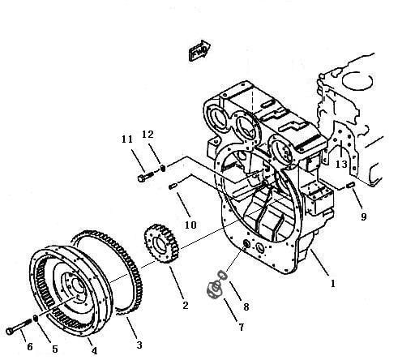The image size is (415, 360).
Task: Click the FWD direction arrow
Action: (x=199, y=50)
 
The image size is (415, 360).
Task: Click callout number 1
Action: (x=333, y=284)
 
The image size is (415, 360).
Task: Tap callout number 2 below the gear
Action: (x=186, y=305)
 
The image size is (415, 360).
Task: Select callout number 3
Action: (x=139, y=345)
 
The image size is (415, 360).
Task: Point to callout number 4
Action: (x=94, y=350)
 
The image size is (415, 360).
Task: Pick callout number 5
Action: (x=55, y=349)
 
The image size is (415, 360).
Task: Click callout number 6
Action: (x=30, y=347)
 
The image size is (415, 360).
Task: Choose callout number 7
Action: (x=242, y=327)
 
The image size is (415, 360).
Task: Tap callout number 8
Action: (x=246, y=306)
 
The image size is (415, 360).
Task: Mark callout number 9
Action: (x=364, y=216)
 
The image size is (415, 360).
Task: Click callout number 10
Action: (x=190, y=225)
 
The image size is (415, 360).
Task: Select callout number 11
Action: (x=127, y=139)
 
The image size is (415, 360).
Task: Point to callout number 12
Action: (x=148, y=135)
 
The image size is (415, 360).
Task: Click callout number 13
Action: (x=341, y=164)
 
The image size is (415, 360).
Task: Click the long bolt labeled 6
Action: (x=19, y=327)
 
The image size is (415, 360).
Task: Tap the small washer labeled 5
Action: (x=35, y=319)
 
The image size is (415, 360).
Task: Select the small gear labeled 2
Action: (x=161, y=243)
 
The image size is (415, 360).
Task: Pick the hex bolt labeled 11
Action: (x=146, y=177)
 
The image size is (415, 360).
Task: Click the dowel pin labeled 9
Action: (x=350, y=185)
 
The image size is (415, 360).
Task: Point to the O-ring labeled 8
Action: (x=222, y=275)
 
